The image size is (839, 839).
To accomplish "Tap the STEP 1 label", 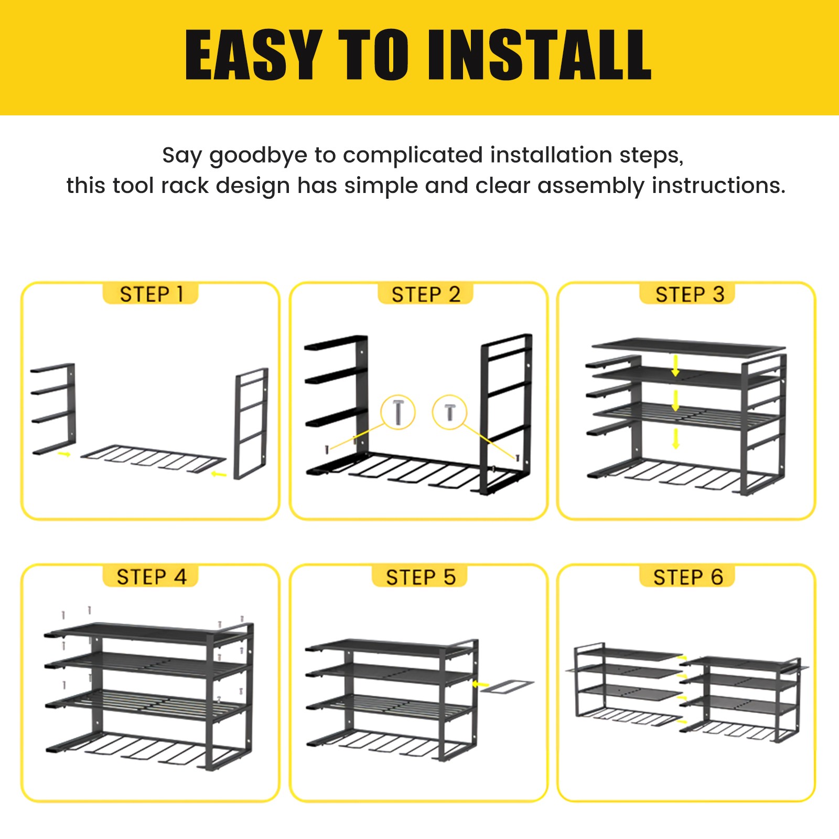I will click(x=150, y=294).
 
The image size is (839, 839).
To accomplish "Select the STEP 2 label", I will click(x=425, y=294).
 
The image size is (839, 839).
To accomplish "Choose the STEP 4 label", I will click(x=150, y=577).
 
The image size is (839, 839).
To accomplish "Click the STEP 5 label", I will click(x=420, y=577).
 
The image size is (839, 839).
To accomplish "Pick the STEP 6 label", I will click(x=687, y=577).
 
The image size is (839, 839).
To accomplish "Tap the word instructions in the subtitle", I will click(x=718, y=186).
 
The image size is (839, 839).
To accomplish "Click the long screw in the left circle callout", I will click(x=399, y=413).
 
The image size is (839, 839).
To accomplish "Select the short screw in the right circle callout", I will click(x=450, y=412).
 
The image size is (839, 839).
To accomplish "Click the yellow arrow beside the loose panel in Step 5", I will click(x=480, y=684).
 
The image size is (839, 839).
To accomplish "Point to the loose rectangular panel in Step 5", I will click(x=507, y=686).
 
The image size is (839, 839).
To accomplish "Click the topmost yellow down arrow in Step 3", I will click(x=675, y=366).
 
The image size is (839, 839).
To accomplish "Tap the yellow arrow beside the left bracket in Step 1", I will click(x=64, y=454).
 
